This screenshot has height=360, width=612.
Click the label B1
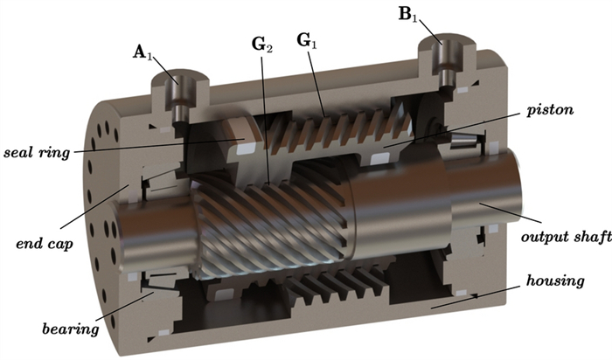(408, 15)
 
